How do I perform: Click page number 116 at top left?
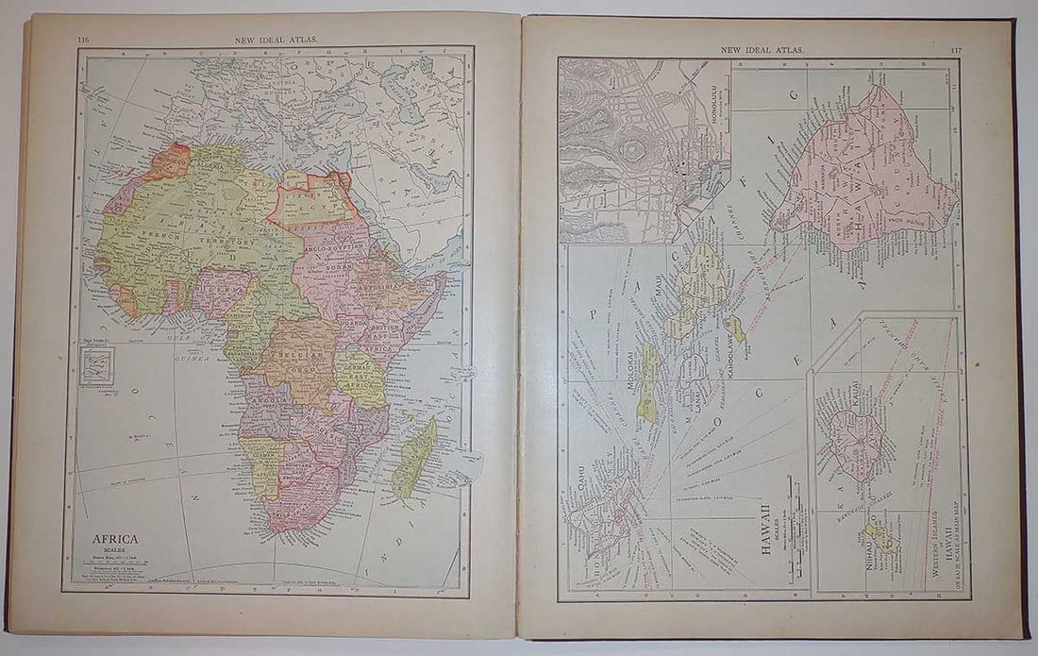pos(83,40)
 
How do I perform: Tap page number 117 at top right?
pos(956,49)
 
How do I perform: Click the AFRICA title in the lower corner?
pos(114,539)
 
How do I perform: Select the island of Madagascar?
pos(414,458)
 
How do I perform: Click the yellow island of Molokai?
pos(647,382)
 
